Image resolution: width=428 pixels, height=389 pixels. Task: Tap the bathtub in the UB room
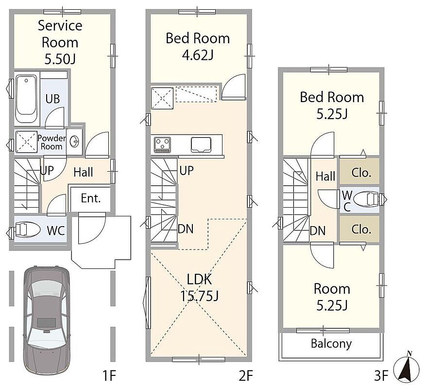(x=26, y=99)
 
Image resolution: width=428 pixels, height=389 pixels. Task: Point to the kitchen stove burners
(x=162, y=144)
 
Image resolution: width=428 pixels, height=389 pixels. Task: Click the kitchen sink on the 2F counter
(x=201, y=144)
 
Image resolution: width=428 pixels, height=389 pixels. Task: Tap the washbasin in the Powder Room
(x=74, y=141)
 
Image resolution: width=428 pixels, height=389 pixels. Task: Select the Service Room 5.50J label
(x=60, y=42)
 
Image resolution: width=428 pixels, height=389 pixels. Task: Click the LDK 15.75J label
(x=199, y=287)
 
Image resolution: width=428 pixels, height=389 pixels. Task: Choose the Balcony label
(x=331, y=344)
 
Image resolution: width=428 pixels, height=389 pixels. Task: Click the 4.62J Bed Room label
(x=198, y=46)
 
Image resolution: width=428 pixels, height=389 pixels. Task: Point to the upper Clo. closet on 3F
(x=360, y=171)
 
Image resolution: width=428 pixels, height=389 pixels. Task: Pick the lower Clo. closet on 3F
(x=360, y=229)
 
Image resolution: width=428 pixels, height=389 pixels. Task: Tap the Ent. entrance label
(x=91, y=198)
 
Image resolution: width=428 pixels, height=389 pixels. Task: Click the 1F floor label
(x=109, y=375)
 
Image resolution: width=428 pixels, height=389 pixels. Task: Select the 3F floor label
(x=381, y=375)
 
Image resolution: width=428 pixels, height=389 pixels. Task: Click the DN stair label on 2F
(x=186, y=229)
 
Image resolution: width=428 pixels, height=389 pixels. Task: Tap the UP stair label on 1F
(x=47, y=171)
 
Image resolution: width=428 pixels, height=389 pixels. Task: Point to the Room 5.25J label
(x=332, y=297)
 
